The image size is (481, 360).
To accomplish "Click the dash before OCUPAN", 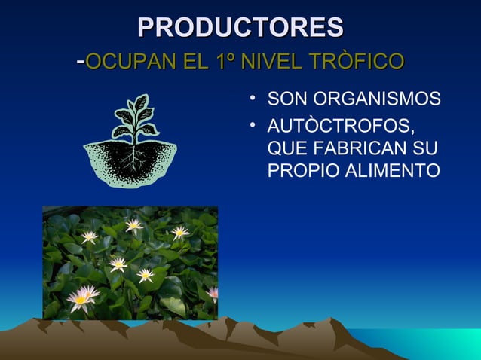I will pyautogui.click(x=81, y=60).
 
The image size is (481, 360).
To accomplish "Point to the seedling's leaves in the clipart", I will pyautogui.click(x=134, y=117).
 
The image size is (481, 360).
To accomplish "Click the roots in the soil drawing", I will pyautogui.click(x=134, y=157).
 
